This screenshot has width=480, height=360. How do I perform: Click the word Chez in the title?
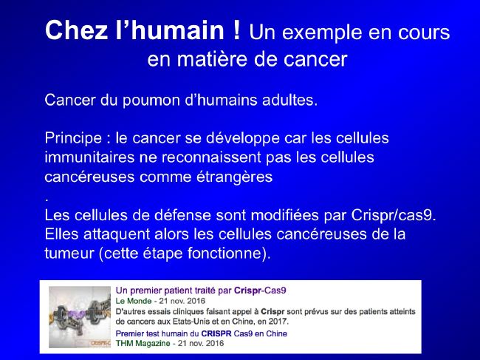[x=76, y=30]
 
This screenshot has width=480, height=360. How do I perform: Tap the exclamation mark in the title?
[x=236, y=30]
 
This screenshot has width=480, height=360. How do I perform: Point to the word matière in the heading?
[x=213, y=59]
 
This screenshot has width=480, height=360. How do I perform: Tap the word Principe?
[x=73, y=138]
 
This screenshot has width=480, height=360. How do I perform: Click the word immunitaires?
[x=89, y=157]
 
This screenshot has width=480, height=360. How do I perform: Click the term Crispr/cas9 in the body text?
[x=394, y=215]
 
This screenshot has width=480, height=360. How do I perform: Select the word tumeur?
[x=69, y=254]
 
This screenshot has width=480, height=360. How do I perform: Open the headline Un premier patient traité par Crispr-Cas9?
[x=201, y=291]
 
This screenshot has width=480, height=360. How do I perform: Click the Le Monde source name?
[x=134, y=301]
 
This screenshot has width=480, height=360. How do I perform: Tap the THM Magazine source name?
[x=143, y=343]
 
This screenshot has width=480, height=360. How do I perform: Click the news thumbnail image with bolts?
[x=80, y=317]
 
